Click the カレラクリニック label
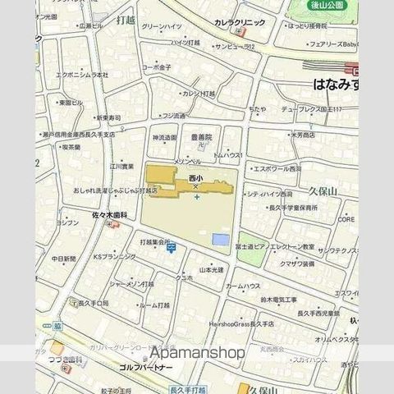(x=239, y=23)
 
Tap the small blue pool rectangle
(x=220, y=239)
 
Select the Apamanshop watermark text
(x=197, y=353)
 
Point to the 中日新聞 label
(x=64, y=259)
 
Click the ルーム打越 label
(x=154, y=305)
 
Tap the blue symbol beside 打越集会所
(x=171, y=247)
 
